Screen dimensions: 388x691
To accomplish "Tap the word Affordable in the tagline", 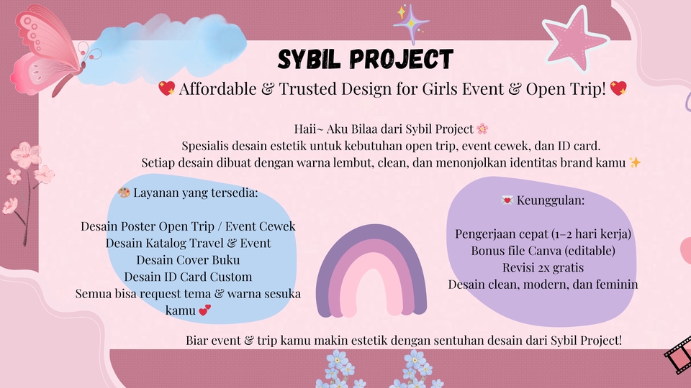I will [x=214, y=89].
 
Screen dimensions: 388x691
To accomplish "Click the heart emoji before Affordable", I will [x=166, y=89].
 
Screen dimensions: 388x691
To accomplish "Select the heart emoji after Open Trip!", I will [x=618, y=89].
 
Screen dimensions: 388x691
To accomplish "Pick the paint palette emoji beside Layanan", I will [x=124, y=193].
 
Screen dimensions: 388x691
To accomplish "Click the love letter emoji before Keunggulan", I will [x=506, y=200].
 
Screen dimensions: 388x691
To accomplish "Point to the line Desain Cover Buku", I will [x=188, y=259].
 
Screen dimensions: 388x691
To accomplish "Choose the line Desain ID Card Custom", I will [x=188, y=277].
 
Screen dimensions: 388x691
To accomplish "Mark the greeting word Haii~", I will [x=311, y=129].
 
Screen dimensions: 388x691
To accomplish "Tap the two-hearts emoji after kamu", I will [x=204, y=310].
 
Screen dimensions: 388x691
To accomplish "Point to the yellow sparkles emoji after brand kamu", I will [x=634, y=162].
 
